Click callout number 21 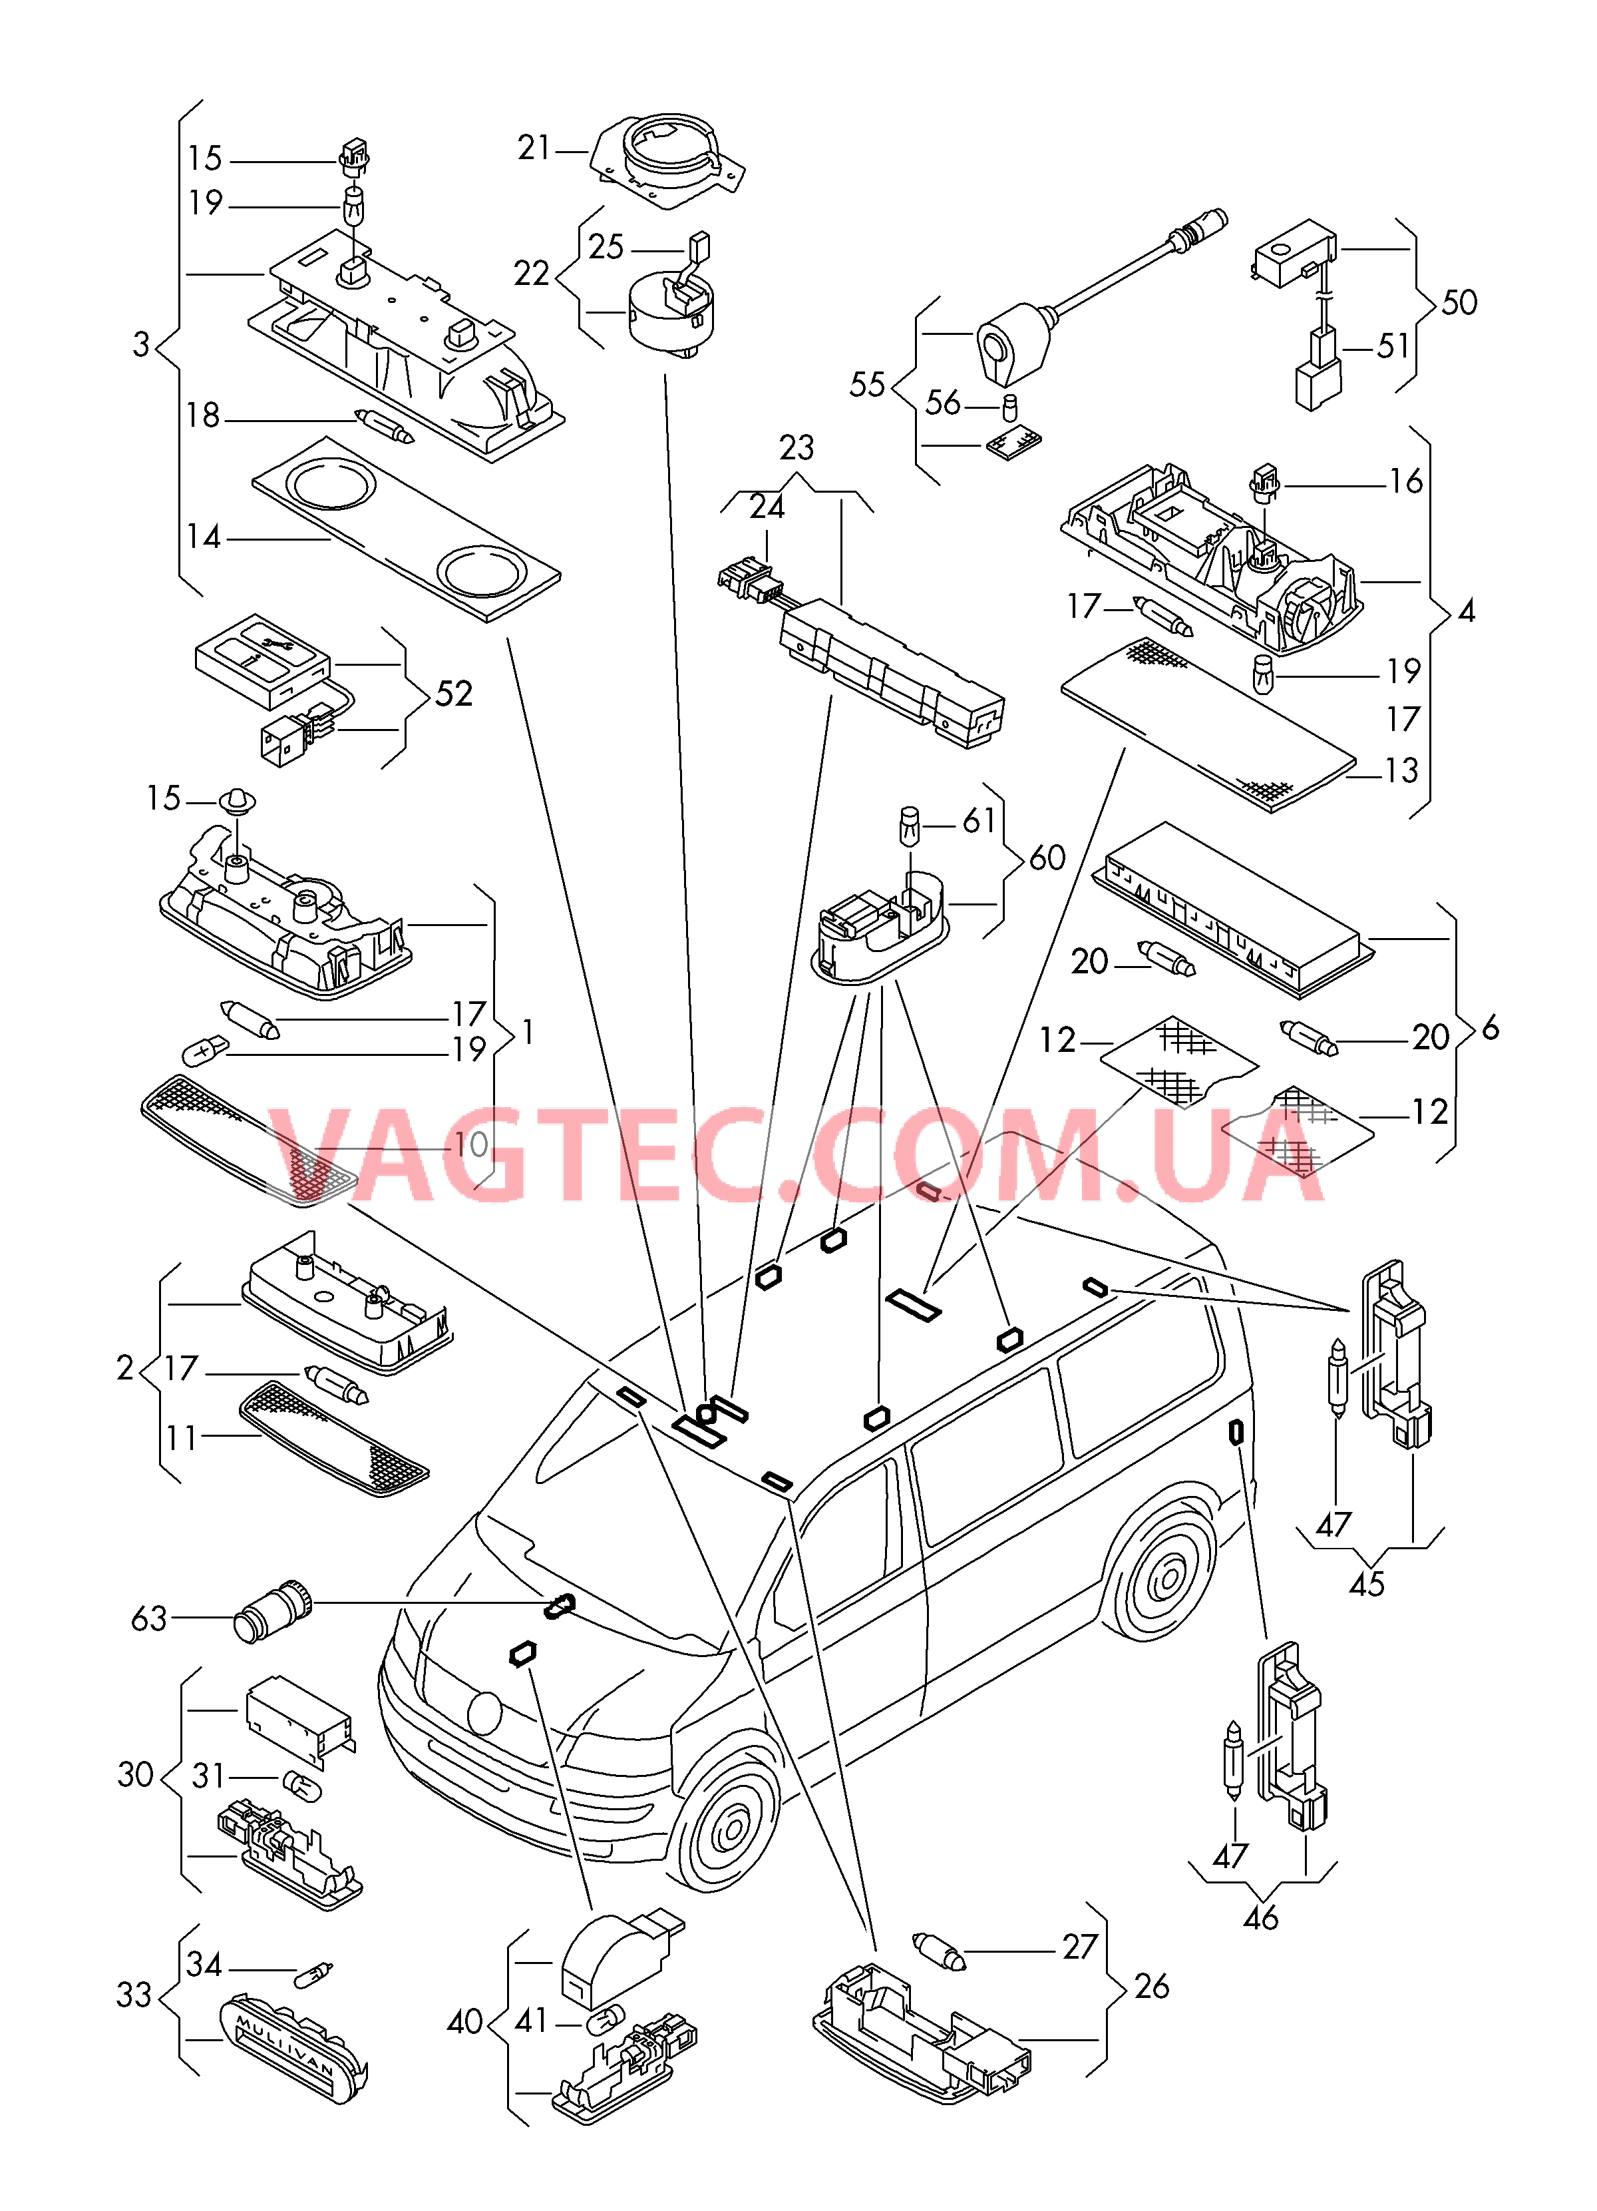coord(534,148)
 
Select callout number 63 coord(149,1619)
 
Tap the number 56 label coord(942,403)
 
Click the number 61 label coord(979,821)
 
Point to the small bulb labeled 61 coord(908,825)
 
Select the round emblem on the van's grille coord(484,1712)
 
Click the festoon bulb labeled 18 coord(386,425)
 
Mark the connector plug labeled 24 coord(745,582)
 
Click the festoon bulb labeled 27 coord(938,1951)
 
